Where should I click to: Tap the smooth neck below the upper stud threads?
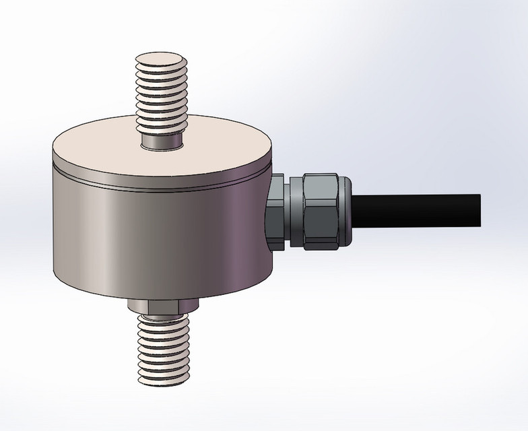(x=163, y=141)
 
